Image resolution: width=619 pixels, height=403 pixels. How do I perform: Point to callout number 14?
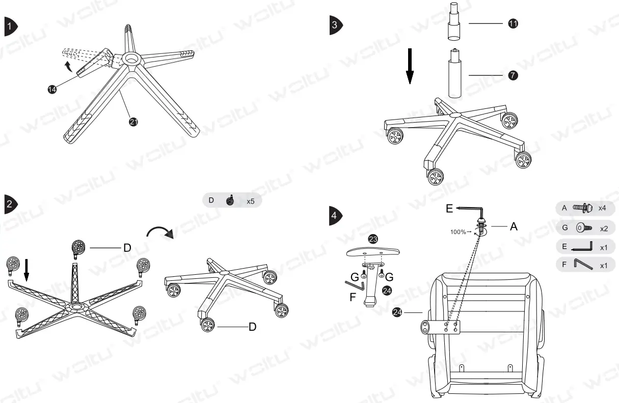[x=52, y=89]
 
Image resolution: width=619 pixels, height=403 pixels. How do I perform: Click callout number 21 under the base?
[x=133, y=121]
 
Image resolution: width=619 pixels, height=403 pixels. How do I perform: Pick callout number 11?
[x=514, y=24]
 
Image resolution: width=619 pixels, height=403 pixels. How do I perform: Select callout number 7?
[x=514, y=75]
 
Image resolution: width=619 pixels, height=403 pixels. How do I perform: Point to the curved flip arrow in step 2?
[x=160, y=232]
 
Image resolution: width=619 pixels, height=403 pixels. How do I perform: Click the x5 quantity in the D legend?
[x=251, y=201]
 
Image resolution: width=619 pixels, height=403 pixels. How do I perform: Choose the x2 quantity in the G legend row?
[x=604, y=227]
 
